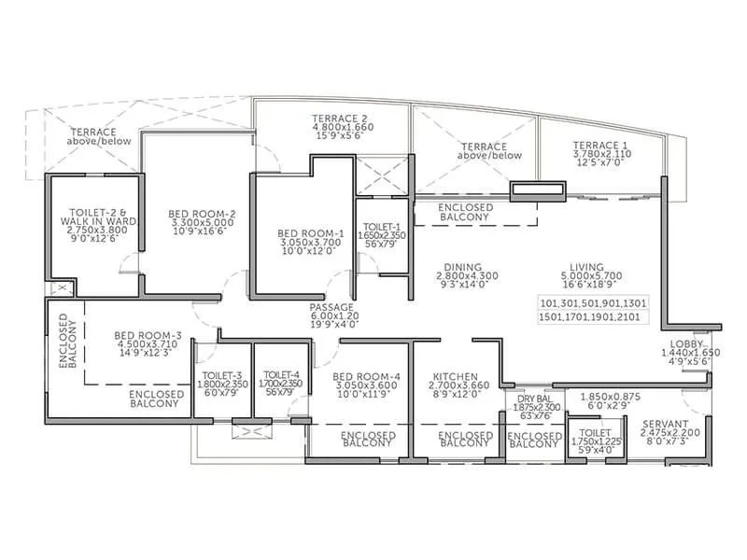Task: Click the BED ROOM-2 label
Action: click(202, 215)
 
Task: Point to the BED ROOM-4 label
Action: click(365, 377)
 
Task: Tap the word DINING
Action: click(462, 266)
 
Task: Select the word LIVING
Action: click(589, 266)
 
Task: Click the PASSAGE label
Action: click(333, 306)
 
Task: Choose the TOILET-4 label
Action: click(278, 376)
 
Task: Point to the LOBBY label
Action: click(696, 343)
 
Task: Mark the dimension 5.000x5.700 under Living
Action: click(590, 277)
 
